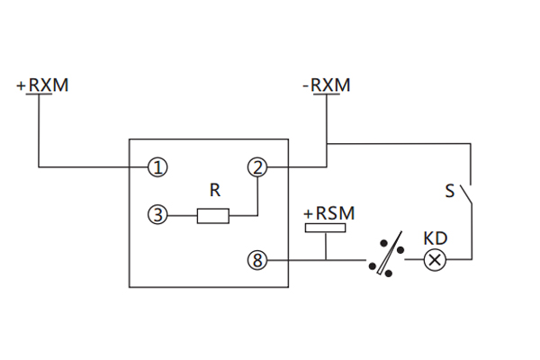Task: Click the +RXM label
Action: click(x=42, y=85)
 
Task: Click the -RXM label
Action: click(x=326, y=85)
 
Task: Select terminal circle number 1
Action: click(x=158, y=166)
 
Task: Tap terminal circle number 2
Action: click(x=258, y=166)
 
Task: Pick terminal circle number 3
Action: click(x=158, y=215)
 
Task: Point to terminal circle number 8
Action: click(x=258, y=261)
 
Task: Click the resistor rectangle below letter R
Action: click(x=213, y=215)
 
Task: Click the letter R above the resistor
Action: click(x=214, y=191)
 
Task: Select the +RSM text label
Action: click(x=328, y=213)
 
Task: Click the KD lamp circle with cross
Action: click(x=436, y=261)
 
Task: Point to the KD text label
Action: click(x=436, y=239)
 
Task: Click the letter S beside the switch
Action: click(x=449, y=192)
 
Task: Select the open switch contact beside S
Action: click(x=465, y=192)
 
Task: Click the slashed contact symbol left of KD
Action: click(x=385, y=257)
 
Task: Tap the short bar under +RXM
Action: click(x=40, y=97)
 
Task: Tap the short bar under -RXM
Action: click(x=326, y=97)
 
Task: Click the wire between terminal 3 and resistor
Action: click(x=182, y=215)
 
